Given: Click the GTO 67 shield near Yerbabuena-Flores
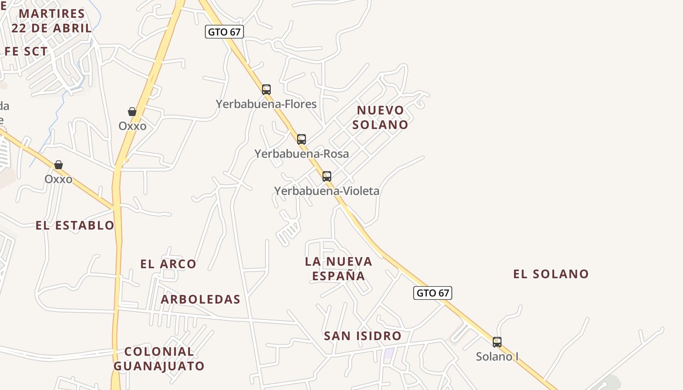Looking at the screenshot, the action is tap(224, 32).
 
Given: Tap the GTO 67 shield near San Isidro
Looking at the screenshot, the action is tap(433, 293).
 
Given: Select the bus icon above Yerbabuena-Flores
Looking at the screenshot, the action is tap(266, 90).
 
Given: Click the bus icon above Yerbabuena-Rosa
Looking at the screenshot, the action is tap(301, 139).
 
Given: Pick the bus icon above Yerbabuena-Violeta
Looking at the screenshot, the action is tap(327, 176).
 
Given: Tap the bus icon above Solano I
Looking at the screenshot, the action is tap(497, 342).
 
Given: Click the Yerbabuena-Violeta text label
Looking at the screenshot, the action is tap(326, 191).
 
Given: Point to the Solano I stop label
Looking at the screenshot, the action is tap(497, 357).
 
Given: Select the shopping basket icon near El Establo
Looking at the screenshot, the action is tap(59, 165).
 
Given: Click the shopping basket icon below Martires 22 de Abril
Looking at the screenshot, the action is tap(132, 112).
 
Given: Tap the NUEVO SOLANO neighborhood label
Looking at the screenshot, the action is tap(380, 117).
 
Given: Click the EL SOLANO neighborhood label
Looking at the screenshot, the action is tap(551, 274).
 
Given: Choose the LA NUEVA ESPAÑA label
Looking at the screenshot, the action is tap(339, 269).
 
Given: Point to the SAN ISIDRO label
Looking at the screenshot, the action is tap(362, 336).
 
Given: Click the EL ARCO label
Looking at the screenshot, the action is tap(168, 264).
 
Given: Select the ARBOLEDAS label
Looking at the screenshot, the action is tap(201, 299).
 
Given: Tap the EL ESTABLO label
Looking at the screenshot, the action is tap(75, 225).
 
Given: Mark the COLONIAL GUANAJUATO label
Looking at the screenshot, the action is tap(159, 359).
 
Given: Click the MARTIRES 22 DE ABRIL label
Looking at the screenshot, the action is tap(52, 21).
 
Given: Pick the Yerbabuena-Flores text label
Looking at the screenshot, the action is tap(266, 104).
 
